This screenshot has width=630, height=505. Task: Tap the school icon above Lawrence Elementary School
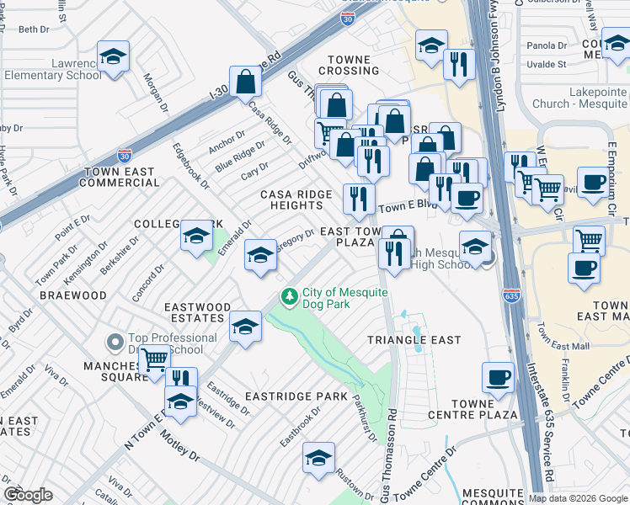[x=113, y=56]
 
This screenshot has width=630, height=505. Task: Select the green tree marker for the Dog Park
[x=289, y=296]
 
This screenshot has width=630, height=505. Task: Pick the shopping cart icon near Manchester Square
[x=153, y=360]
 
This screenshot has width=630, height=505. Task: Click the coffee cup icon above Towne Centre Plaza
[x=498, y=376]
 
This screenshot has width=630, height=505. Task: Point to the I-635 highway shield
[x=510, y=295]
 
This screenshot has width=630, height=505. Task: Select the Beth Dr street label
[x=34, y=29]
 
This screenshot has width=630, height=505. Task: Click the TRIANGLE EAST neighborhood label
[x=414, y=340]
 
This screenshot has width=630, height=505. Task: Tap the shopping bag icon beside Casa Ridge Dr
[x=245, y=82]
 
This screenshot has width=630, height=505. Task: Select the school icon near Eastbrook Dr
[x=318, y=457]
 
